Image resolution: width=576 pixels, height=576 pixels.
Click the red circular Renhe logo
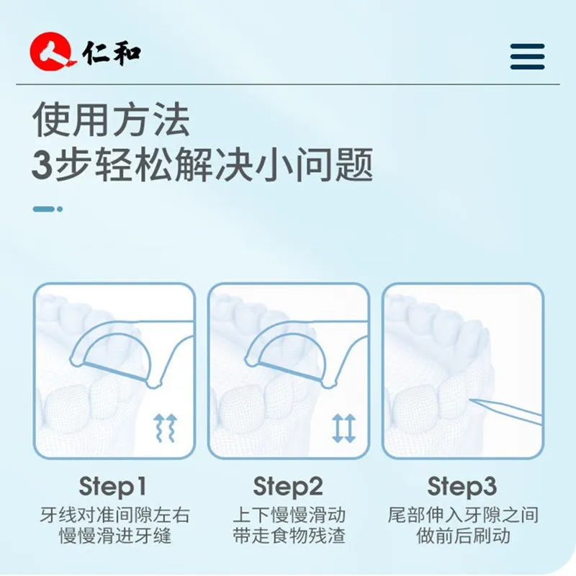pos(51,51)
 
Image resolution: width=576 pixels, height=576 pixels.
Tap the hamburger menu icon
pos(527,57)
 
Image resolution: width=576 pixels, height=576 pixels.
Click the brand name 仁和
pos(112,53)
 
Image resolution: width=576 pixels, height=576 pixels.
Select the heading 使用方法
pos(111,120)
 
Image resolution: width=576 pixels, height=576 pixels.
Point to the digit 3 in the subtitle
pos(42,166)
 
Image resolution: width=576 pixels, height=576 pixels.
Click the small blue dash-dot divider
pos(48,209)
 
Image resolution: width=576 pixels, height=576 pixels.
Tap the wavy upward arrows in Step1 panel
pos(166,428)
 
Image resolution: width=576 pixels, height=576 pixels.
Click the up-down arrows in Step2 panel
pos(343,428)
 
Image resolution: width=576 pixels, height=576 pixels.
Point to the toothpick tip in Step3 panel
pos(471,400)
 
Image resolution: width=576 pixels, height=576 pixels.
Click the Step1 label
pos(112,487)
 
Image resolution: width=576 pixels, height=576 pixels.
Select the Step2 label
pos(288,487)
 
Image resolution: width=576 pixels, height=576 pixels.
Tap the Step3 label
pos(462,487)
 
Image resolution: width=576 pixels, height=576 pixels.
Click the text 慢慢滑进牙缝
pos(115,536)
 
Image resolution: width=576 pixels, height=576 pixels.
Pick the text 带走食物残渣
pos(289,536)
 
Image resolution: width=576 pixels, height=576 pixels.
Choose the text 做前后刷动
pos(463,536)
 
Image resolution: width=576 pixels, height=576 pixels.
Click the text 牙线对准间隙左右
pos(115,515)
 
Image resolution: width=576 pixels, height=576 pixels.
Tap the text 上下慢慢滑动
pos(289,515)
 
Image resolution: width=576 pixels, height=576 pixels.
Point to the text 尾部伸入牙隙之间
pos(463,515)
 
